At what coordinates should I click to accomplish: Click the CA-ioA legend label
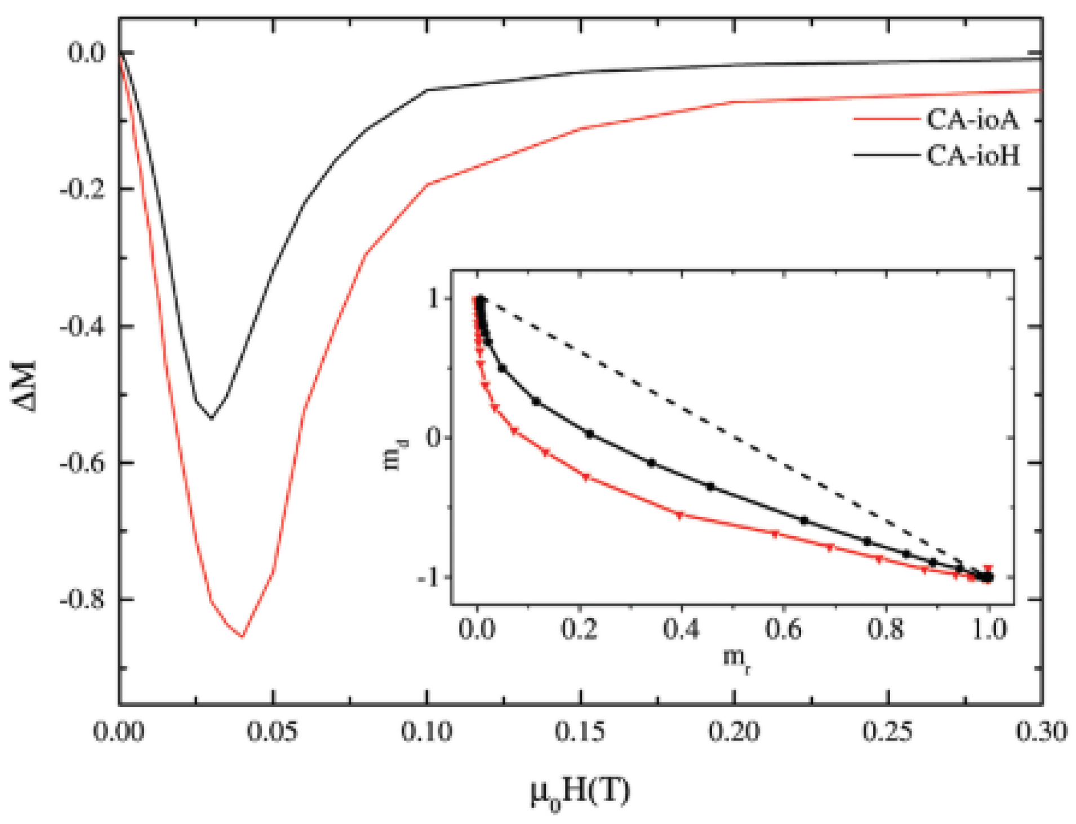tap(973, 119)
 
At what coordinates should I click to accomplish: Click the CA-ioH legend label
tap(973, 155)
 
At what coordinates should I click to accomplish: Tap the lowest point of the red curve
tap(242, 636)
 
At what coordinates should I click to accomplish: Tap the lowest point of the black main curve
tap(211, 418)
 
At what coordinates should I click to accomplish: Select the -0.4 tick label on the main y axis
tap(83, 327)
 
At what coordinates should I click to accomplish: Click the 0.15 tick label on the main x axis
tap(580, 732)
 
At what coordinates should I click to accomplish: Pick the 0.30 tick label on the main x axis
tap(1041, 732)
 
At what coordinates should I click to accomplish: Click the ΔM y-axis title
tap(25, 387)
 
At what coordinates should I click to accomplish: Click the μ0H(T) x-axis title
tap(580, 794)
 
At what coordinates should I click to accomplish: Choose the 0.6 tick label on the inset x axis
tap(784, 628)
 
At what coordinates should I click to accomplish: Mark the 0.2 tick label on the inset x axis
tap(579, 628)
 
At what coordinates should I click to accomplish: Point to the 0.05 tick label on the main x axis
tap(273, 732)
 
